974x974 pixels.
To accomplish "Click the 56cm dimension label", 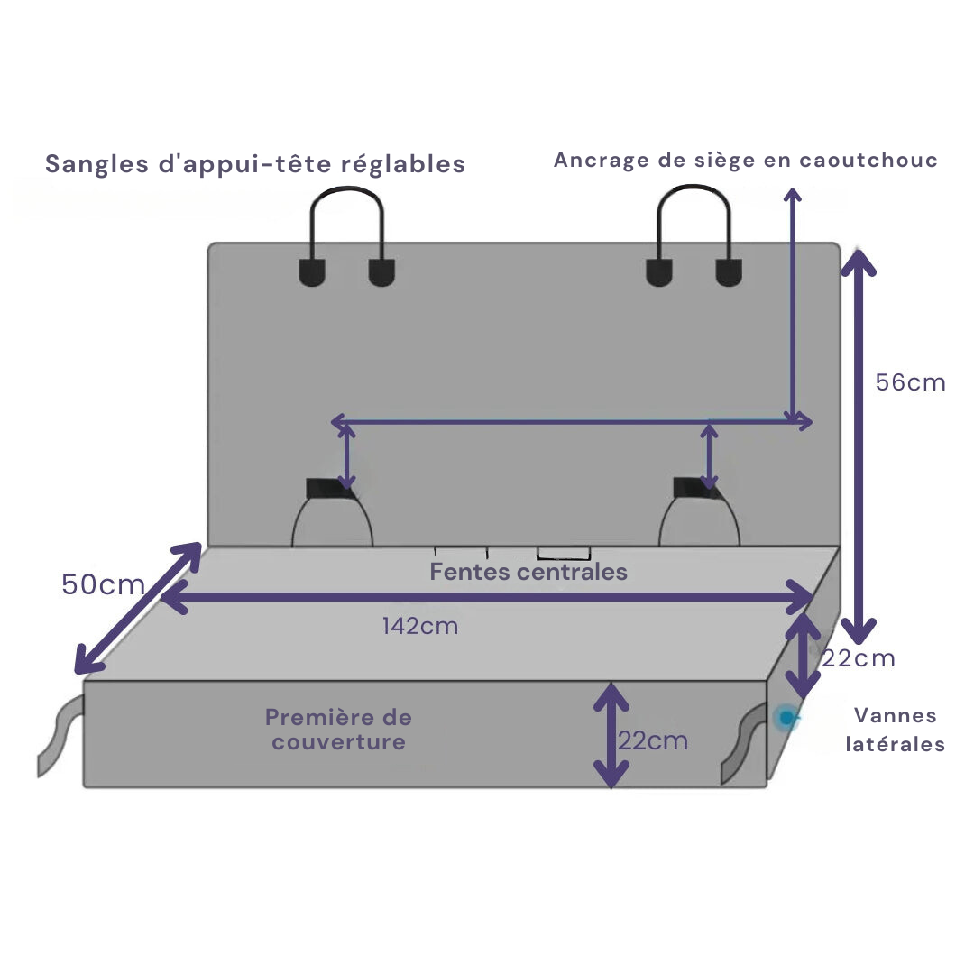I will point(910,382).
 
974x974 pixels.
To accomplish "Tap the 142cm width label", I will point(419,626).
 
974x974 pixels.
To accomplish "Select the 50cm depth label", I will point(103,584).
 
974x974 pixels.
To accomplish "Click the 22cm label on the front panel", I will point(653,740).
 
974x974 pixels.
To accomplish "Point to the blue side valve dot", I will point(787,717).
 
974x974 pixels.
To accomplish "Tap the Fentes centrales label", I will point(528,572).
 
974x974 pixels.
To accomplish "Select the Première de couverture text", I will point(338,730).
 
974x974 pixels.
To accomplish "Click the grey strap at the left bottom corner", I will point(57,735).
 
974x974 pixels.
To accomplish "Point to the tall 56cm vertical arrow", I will point(859,442).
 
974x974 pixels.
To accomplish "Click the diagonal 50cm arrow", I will point(138,608).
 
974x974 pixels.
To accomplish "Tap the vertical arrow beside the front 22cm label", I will point(611,734).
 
